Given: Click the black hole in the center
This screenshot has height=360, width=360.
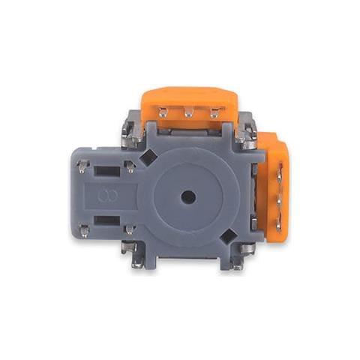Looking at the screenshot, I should (188, 196).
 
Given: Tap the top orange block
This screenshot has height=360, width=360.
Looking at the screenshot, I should (189, 101).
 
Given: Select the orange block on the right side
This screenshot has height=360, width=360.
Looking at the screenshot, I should (276, 187).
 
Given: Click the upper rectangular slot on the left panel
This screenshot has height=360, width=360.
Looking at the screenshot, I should (106, 171).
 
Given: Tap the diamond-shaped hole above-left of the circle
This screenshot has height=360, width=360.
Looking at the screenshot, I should (148, 157).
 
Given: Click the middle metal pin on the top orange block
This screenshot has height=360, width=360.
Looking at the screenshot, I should (189, 113).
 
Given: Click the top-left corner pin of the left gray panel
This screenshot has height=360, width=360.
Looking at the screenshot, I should (82, 165).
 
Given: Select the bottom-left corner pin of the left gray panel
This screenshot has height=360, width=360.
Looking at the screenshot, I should (82, 229).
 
